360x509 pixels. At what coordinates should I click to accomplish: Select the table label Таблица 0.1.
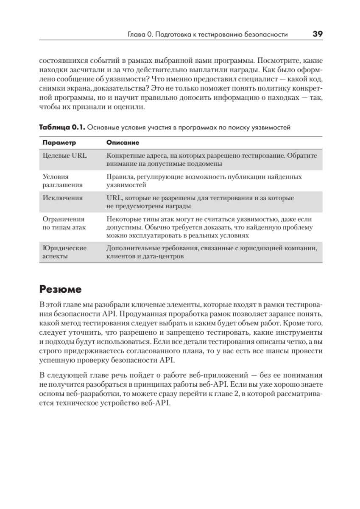[62, 127]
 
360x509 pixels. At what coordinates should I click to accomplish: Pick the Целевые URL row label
[65, 156]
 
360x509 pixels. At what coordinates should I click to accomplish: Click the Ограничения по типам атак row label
[64, 223]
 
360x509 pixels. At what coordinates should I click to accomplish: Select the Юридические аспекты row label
[64, 252]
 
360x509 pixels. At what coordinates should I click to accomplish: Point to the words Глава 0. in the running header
[140, 35]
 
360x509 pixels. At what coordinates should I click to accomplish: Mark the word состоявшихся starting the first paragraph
[60, 60]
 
